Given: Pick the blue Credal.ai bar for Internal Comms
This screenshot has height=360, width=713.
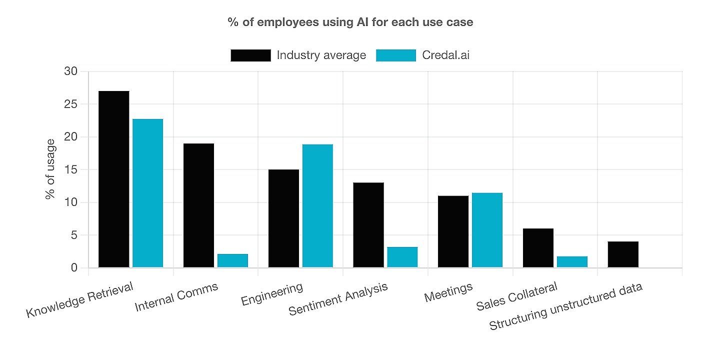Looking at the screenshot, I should point(232,260).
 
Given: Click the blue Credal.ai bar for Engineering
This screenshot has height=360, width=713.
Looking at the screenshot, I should point(317,205).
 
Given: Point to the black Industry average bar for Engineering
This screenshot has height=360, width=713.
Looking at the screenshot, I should point(283,218).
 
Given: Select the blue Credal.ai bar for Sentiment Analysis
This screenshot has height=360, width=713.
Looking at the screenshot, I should point(402,257).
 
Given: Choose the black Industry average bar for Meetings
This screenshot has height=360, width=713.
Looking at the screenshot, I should point(453,231).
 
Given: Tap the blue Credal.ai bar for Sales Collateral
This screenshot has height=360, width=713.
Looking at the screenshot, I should point(572,261).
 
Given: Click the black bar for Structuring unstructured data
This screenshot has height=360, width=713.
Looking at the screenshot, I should point(623,254).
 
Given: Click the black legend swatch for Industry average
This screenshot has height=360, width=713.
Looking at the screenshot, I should point(250,55).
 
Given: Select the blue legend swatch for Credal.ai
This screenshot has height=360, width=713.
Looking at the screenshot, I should point(396,55).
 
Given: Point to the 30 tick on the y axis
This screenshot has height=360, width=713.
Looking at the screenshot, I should point(71,71).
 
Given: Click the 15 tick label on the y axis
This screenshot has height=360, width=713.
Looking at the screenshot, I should point(72,169).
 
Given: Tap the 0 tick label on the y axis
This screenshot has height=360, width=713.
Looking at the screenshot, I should point(74,268).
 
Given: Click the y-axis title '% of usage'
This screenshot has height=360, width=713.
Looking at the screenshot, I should point(50,169).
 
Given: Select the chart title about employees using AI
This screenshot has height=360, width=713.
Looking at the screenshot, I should point(350,22).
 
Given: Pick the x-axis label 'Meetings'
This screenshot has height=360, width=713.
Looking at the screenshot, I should point(448,292).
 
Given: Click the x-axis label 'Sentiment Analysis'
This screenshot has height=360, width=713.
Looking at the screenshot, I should point(338,299).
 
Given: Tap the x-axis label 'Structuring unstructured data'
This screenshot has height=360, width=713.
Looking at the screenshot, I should point(565,307).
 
